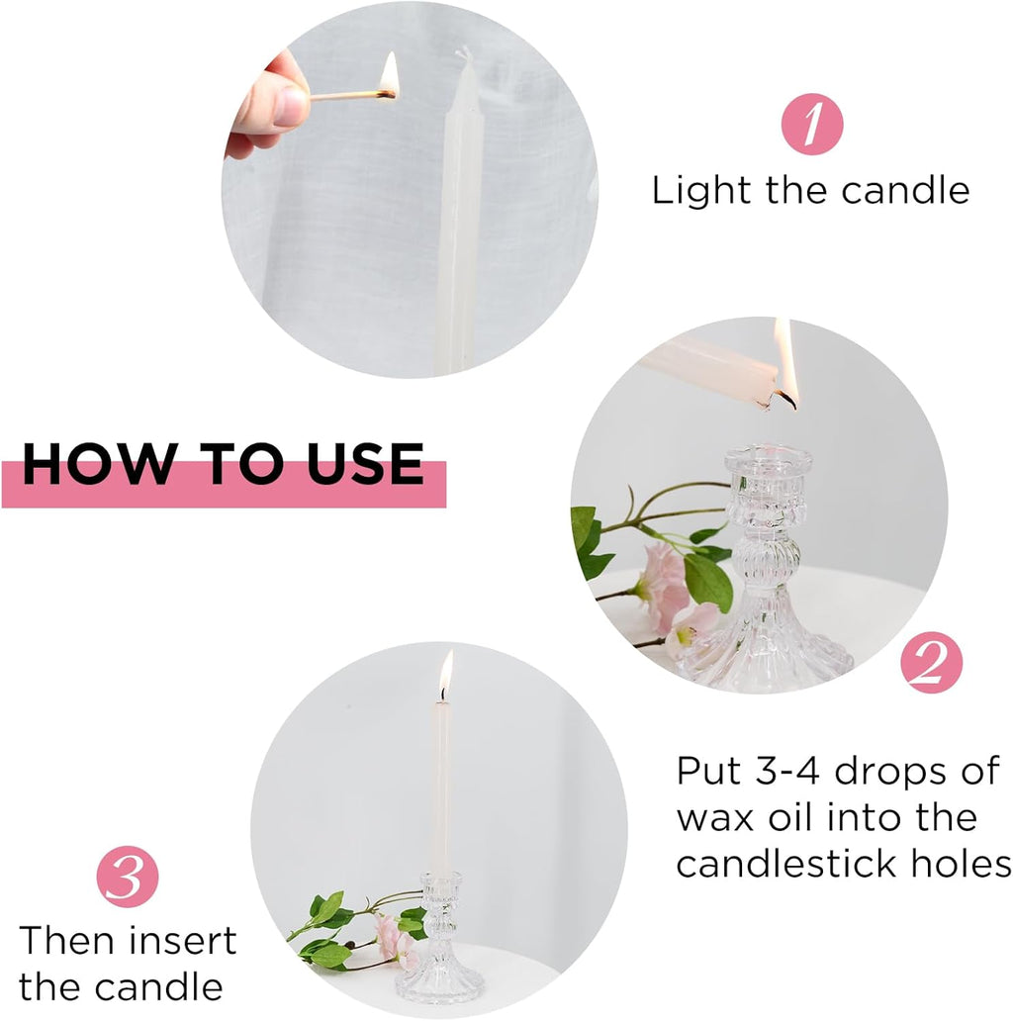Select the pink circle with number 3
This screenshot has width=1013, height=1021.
pos(126,879)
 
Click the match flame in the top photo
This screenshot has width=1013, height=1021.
pos(389,77)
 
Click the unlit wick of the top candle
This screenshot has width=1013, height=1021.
pos(460,53)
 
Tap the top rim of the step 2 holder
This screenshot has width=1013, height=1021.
pos(768,457)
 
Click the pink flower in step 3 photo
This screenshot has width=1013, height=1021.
pos(393,938)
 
